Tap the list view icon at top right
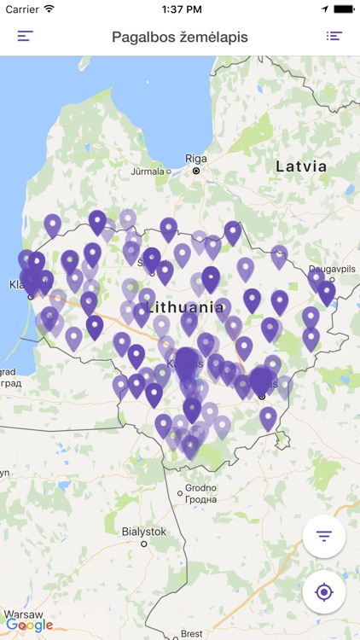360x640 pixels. point(334,37)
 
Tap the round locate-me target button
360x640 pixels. point(323,592)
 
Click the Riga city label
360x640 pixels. point(196,159)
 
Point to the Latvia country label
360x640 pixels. point(301,167)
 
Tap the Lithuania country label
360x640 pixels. point(185,306)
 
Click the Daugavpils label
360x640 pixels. point(332,268)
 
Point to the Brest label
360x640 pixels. point(192,633)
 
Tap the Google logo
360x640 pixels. point(29,625)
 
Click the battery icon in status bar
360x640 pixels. point(343,9)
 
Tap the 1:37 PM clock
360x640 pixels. point(179,9)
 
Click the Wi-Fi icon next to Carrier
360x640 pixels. point(49,9)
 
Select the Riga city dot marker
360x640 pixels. point(196,171)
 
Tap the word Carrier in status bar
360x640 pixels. point(22,9)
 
